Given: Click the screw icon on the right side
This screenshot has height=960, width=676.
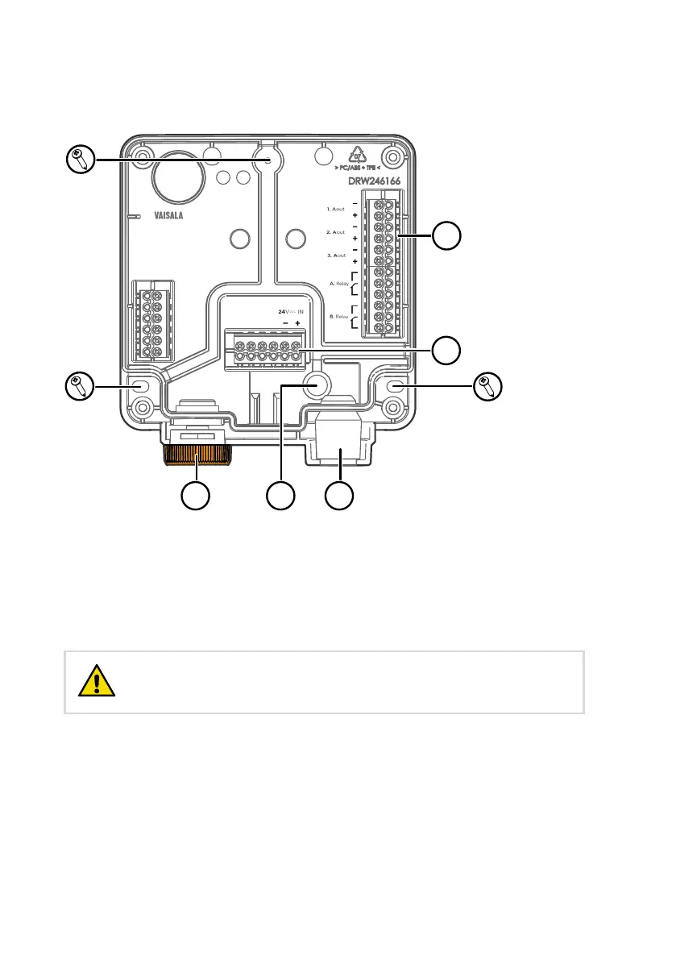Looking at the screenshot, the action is [487, 386].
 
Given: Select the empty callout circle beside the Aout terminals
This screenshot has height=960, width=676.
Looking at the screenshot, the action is [447, 236].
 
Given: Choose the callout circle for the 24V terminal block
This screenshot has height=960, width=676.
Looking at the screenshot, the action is [447, 350].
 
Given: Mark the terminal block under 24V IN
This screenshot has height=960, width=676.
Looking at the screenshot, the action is [269, 350].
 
